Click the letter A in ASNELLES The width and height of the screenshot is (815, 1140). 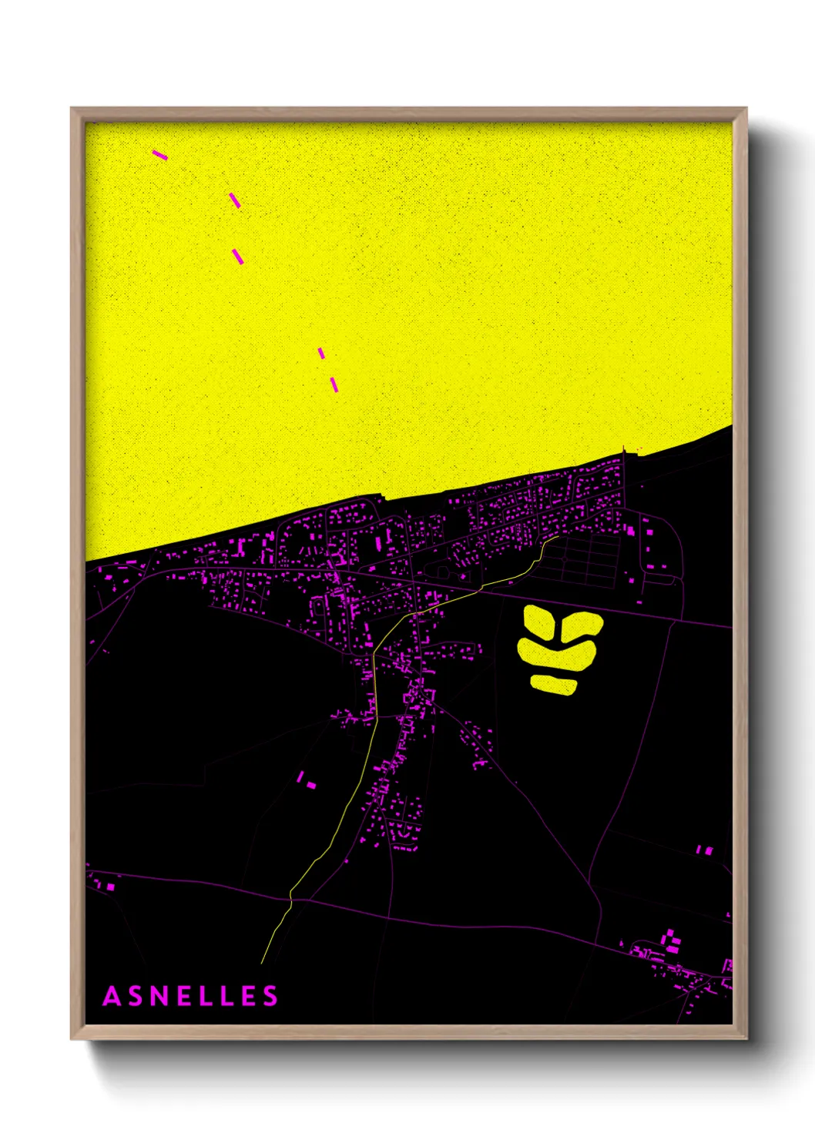tap(112, 996)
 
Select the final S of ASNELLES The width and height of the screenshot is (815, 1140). tap(270, 996)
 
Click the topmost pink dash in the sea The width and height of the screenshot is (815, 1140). tap(159, 155)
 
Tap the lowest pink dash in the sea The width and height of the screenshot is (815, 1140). tap(334, 384)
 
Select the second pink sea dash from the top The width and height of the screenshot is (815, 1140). tap(235, 200)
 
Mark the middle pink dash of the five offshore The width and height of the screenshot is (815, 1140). tap(238, 256)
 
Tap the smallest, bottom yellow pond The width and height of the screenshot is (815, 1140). tap(553, 684)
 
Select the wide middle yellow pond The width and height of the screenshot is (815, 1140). tap(556, 655)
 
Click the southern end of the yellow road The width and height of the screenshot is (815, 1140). tap(262, 962)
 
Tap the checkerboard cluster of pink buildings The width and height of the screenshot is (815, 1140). tap(672, 940)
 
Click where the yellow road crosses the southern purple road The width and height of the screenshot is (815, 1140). tap(291, 897)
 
